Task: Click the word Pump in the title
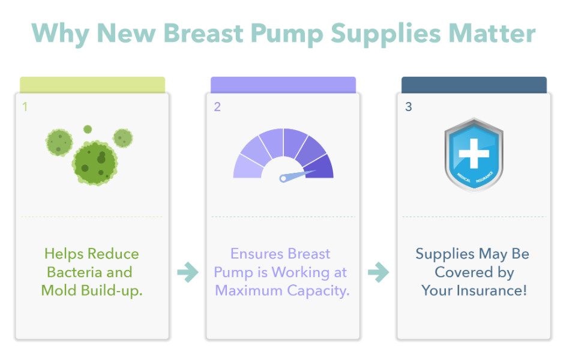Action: [287, 34]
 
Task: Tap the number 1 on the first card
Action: [25, 107]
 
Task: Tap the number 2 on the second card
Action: [217, 107]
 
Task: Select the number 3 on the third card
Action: [408, 107]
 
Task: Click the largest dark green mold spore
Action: [95, 163]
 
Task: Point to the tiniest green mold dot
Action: [88, 129]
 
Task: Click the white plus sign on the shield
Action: [474, 154]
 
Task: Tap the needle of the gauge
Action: [297, 176]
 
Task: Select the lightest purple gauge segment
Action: [247, 167]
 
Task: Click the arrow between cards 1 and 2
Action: [188, 272]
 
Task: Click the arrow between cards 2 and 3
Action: [379, 272]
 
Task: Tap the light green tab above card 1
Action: [92, 85]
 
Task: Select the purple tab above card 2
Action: [283, 85]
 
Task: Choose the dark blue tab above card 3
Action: [474, 85]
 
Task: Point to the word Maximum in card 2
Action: [248, 290]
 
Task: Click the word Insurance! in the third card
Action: [492, 290]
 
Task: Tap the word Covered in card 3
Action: [464, 272]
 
